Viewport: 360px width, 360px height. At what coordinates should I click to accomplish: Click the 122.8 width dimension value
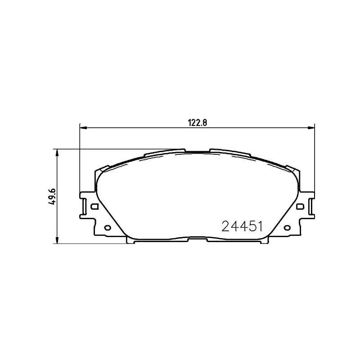pyautogui.click(x=197, y=121)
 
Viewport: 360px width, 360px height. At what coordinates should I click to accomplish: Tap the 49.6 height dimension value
pyautogui.click(x=52, y=197)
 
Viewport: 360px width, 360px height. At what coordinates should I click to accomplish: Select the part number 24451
pyautogui.click(x=242, y=225)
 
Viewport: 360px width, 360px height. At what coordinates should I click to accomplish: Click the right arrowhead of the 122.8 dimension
pyautogui.click(x=311, y=128)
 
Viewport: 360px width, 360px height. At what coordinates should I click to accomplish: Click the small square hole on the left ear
pyautogui.click(x=94, y=207)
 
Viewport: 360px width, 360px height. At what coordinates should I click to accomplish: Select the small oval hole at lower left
pyautogui.click(x=107, y=228)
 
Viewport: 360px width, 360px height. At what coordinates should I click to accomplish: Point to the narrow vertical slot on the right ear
pyautogui.click(x=310, y=206)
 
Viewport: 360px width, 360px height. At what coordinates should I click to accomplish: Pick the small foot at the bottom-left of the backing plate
pyautogui.click(x=130, y=242)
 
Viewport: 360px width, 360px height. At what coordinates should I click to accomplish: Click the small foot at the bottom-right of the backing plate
pyautogui.click(x=264, y=242)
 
